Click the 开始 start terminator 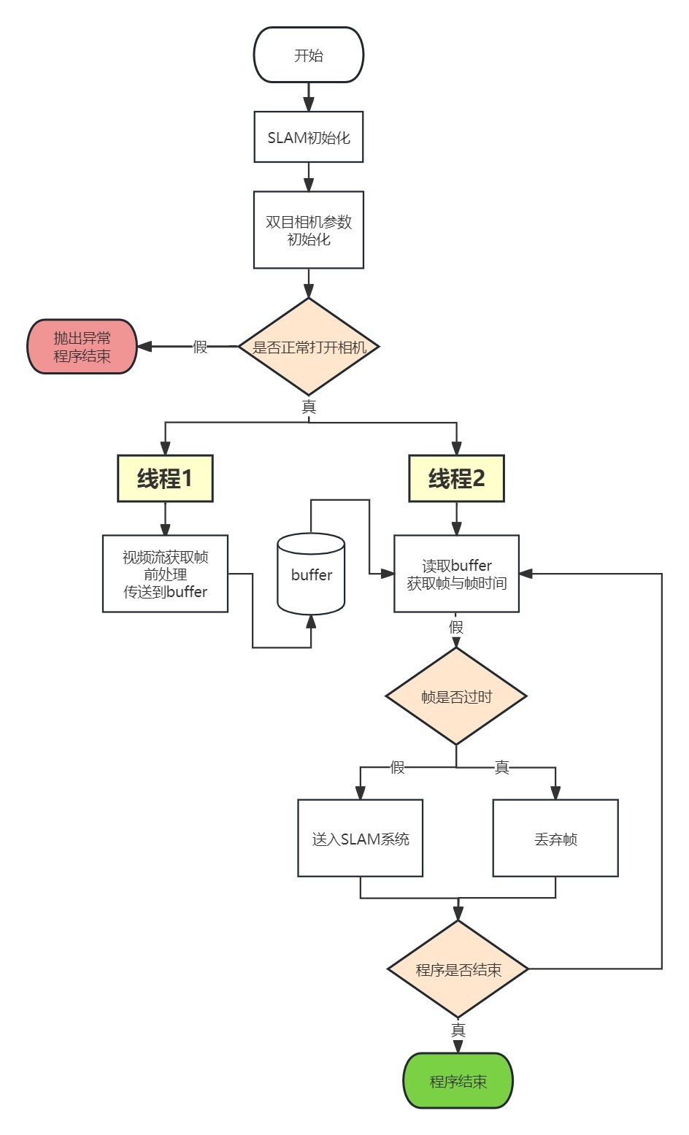click(308, 55)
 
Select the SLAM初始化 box click(308, 137)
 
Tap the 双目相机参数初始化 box click(308, 230)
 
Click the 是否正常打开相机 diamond click(309, 347)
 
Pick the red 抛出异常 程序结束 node click(82, 347)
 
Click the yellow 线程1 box click(165, 479)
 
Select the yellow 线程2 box click(456, 479)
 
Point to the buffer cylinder click(311, 575)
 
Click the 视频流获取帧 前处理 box click(165, 574)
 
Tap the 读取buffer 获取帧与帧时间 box click(456, 574)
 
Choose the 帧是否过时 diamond click(456, 696)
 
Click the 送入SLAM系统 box click(360, 839)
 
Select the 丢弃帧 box click(555, 839)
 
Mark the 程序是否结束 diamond click(458, 969)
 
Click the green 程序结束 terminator click(458, 1081)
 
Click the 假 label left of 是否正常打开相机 click(200, 347)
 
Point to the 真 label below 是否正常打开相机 click(309, 407)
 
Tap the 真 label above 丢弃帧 click(501, 767)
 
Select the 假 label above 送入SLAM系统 click(397, 767)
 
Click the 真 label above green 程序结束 click(458, 1030)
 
